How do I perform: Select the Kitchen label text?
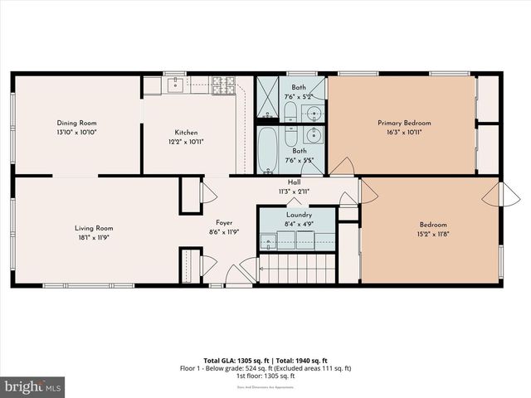tap(186, 133)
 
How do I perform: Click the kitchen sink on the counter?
tap(175, 85)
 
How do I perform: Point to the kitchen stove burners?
tap(224, 85)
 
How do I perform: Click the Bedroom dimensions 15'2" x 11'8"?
tap(433, 235)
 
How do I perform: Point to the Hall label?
tap(294, 182)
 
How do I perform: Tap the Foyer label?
tap(225, 222)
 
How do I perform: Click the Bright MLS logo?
tap(33, 386)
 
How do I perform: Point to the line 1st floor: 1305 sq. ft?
tap(265, 376)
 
